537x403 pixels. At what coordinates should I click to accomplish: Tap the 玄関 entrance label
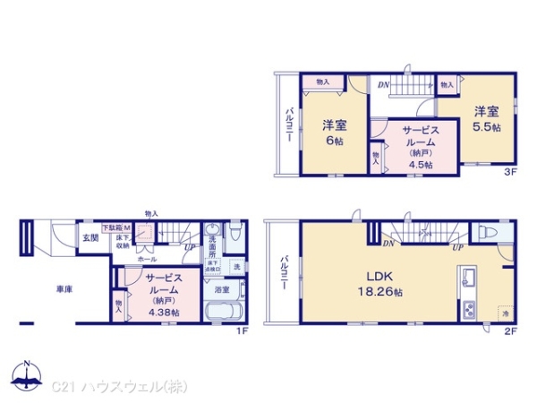(91, 237)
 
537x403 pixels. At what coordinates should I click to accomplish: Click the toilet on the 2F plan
(489, 230)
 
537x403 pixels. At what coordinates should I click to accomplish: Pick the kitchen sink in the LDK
(466, 281)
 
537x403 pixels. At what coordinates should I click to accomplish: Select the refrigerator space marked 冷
(505, 314)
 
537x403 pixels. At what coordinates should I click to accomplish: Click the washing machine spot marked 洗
(236, 266)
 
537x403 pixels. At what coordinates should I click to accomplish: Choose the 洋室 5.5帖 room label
(487, 118)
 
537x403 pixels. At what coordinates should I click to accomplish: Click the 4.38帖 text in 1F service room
(164, 312)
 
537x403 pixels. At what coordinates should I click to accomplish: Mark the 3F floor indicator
(509, 170)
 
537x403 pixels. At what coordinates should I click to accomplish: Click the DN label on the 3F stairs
(383, 85)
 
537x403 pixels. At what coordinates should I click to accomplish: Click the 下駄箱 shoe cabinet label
(112, 229)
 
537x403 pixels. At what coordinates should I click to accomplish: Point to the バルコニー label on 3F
(291, 129)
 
